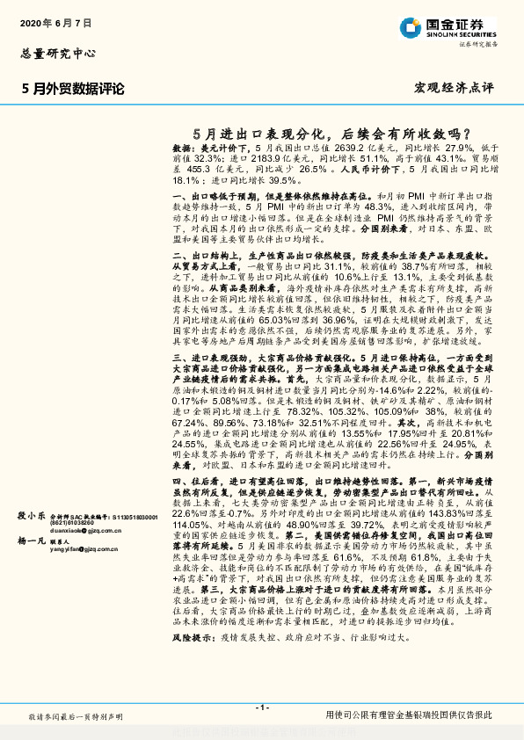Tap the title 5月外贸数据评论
coord(73,89)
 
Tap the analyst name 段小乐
coord(33,517)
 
